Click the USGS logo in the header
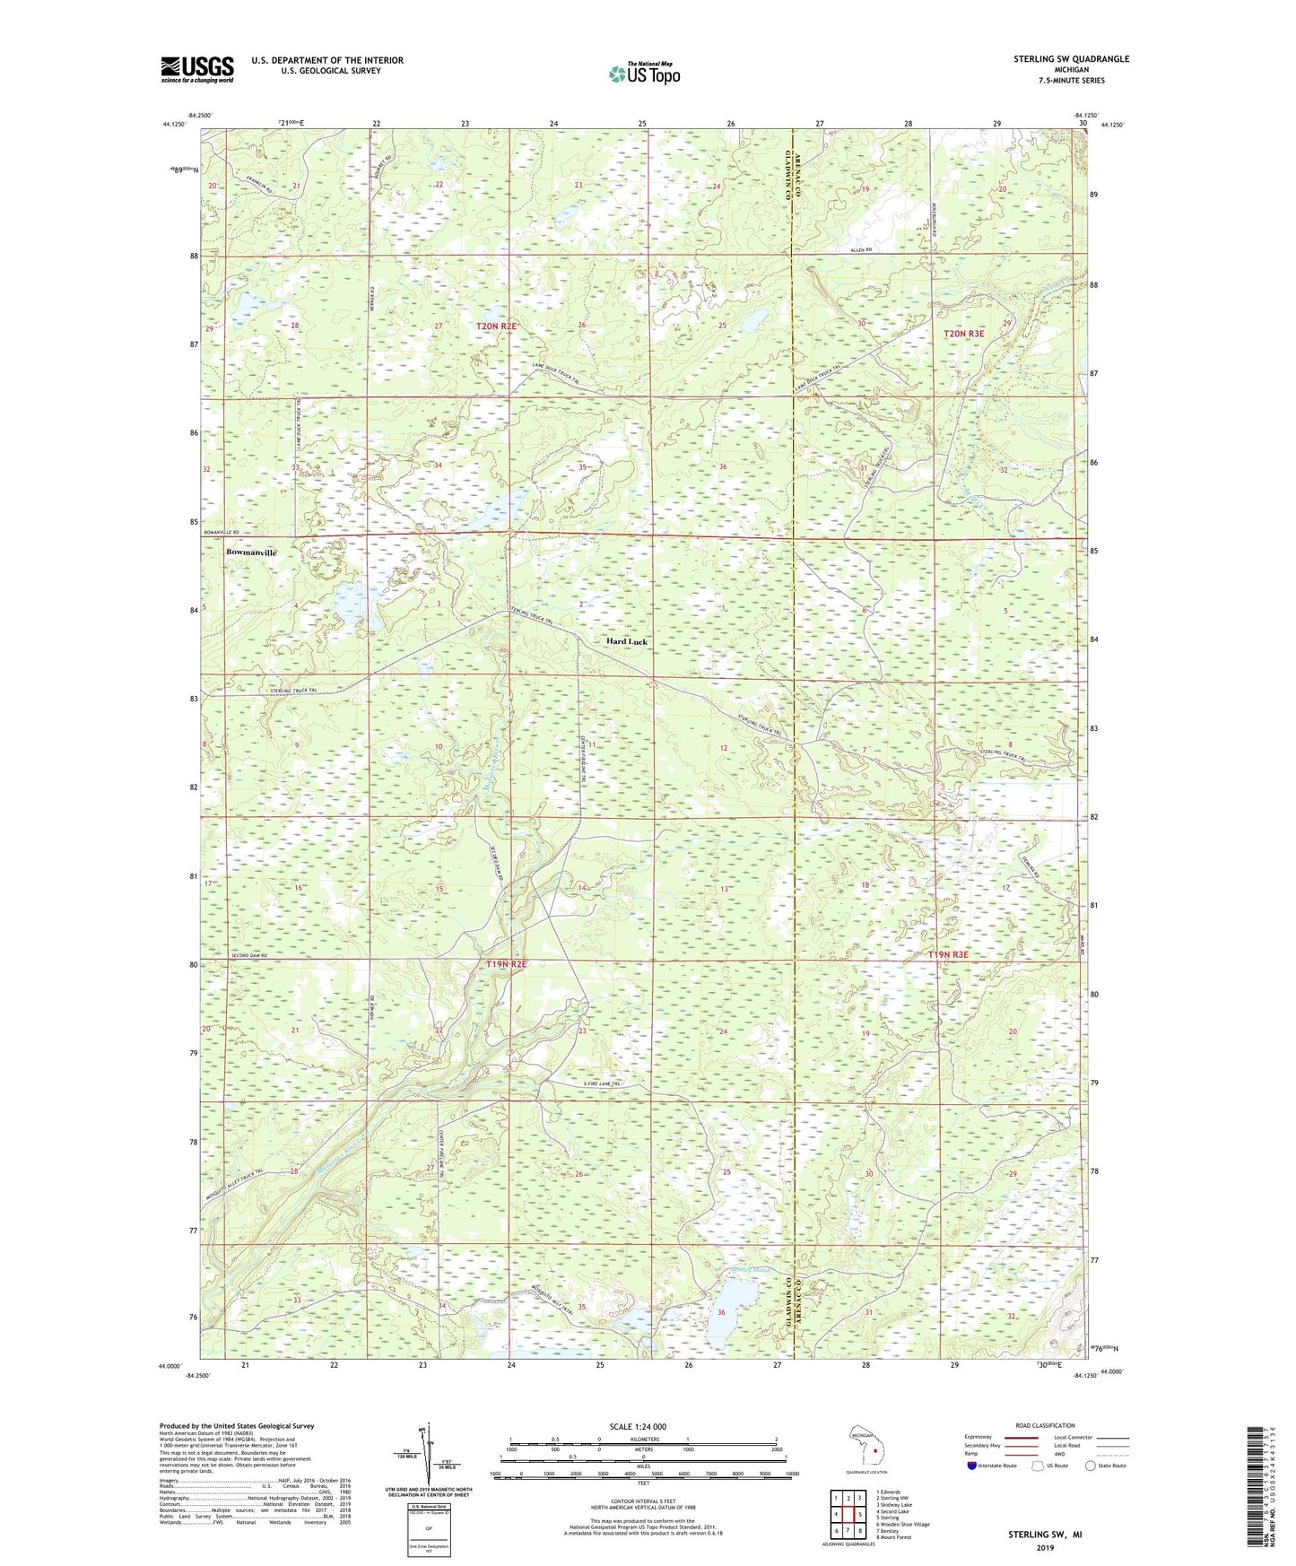(x=197, y=69)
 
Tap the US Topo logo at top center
(x=643, y=74)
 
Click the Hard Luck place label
(x=626, y=642)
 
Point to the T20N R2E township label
(x=496, y=326)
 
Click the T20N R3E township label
(x=964, y=334)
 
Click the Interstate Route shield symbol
(x=973, y=1466)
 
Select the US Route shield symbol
(x=1039, y=1466)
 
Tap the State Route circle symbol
(x=1091, y=1466)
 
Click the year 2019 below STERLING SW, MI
(x=1044, y=1547)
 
